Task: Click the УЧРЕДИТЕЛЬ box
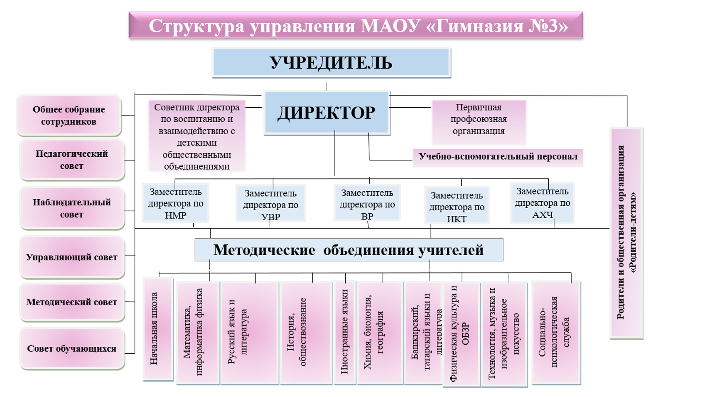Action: click(x=331, y=63)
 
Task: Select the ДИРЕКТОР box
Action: click(x=326, y=113)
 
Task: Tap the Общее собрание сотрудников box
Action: click(x=69, y=115)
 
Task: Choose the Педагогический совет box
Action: click(x=72, y=160)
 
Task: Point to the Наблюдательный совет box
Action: click(x=72, y=208)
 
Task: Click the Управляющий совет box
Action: click(x=72, y=257)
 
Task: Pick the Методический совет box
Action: click(x=72, y=302)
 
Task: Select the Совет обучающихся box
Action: click(x=72, y=348)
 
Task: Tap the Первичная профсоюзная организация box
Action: click(x=478, y=119)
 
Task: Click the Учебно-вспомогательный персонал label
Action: click(x=498, y=157)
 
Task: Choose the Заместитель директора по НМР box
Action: click(x=176, y=203)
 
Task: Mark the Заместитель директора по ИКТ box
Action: click(x=457, y=207)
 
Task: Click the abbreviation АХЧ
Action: click(x=542, y=215)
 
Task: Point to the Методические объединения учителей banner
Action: click(x=348, y=250)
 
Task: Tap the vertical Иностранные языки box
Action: click(x=344, y=332)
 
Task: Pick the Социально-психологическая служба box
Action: click(x=555, y=333)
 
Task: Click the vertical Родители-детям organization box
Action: click(x=626, y=233)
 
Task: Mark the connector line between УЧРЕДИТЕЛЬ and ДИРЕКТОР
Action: click(x=327, y=86)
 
